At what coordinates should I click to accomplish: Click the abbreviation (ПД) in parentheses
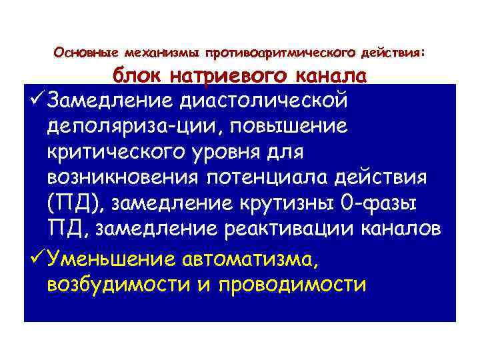[68, 203]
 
